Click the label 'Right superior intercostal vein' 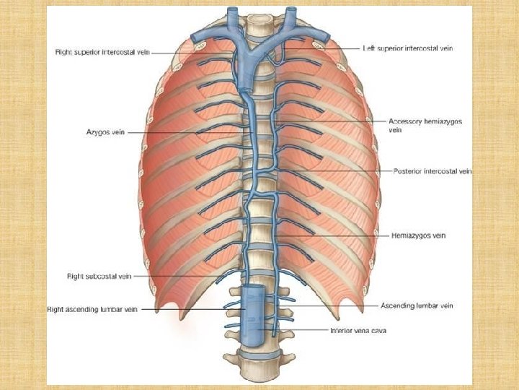click(102, 51)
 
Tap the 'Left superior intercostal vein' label click(408, 48)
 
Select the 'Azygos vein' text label click(107, 132)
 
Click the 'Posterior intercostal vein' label click(432, 171)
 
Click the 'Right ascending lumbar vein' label click(92, 309)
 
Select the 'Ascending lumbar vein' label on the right click(417, 306)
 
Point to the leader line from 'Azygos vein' click(187, 132)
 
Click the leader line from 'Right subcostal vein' click(173, 276)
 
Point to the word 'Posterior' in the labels click(408, 171)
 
